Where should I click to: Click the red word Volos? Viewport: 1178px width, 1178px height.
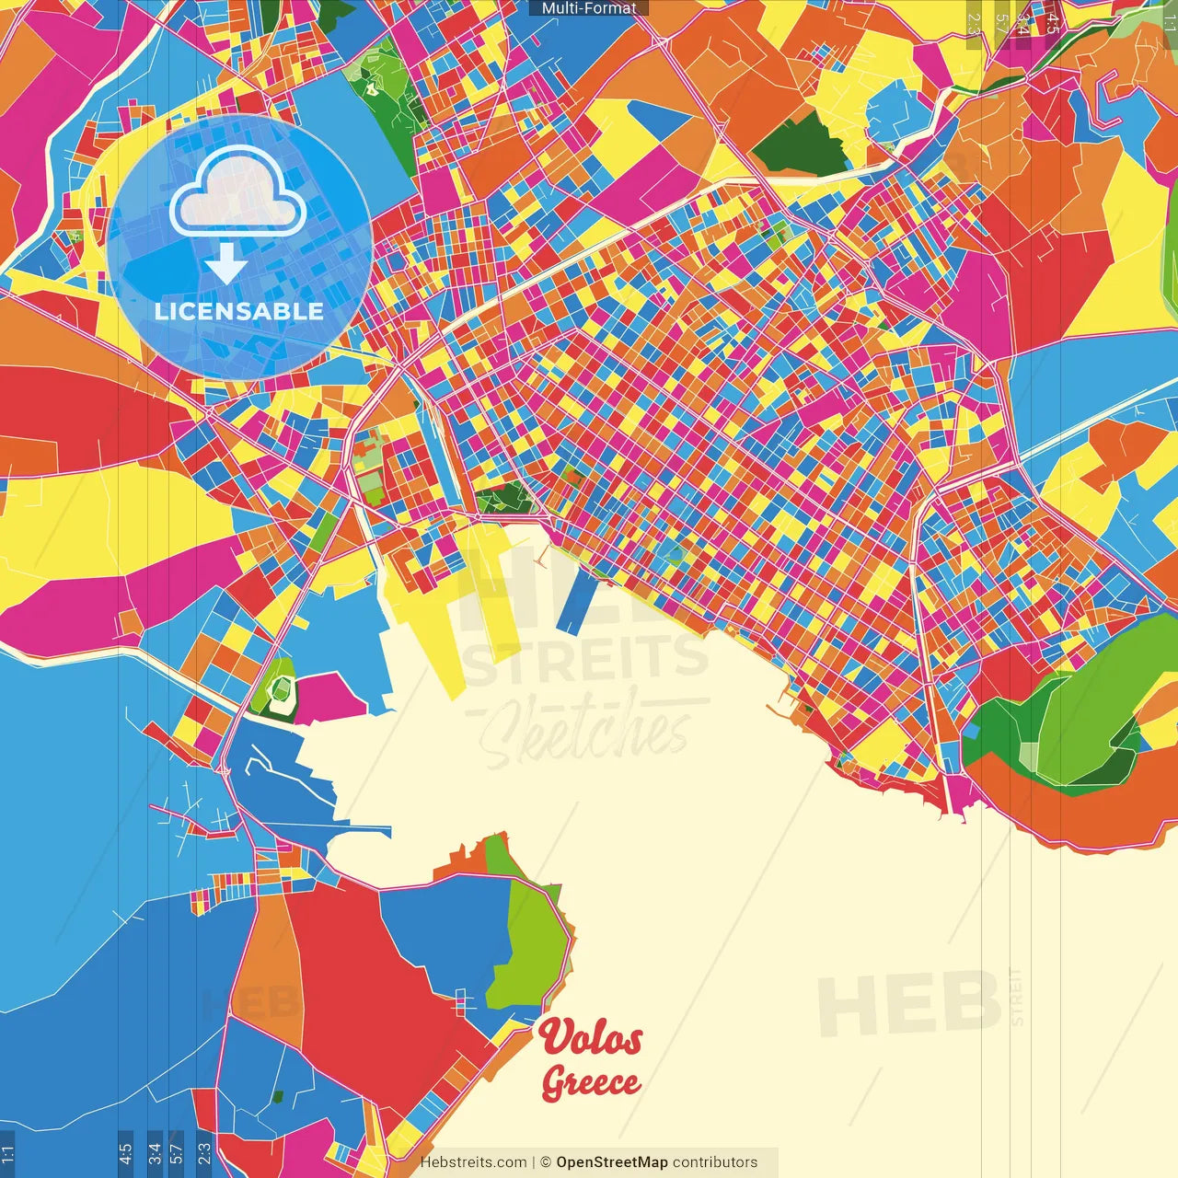(591, 1038)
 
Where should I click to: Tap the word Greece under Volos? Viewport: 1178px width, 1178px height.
(591, 1082)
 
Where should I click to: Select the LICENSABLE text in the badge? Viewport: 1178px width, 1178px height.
(239, 311)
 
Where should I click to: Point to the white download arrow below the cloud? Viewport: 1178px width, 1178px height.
(226, 265)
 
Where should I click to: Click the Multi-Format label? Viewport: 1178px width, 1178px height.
(589, 8)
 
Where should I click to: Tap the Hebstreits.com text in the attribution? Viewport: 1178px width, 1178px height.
(473, 1162)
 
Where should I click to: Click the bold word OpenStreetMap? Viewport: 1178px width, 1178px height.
(612, 1162)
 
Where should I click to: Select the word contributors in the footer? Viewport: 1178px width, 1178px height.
(715, 1162)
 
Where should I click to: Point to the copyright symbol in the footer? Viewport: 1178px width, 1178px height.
(546, 1162)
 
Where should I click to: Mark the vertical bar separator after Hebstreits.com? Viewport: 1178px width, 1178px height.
(534, 1162)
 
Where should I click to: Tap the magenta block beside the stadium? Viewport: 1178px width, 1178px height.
(328, 699)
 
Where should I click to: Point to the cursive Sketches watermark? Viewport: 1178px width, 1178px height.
(584, 732)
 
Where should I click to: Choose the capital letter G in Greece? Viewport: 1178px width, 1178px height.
(554, 1083)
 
